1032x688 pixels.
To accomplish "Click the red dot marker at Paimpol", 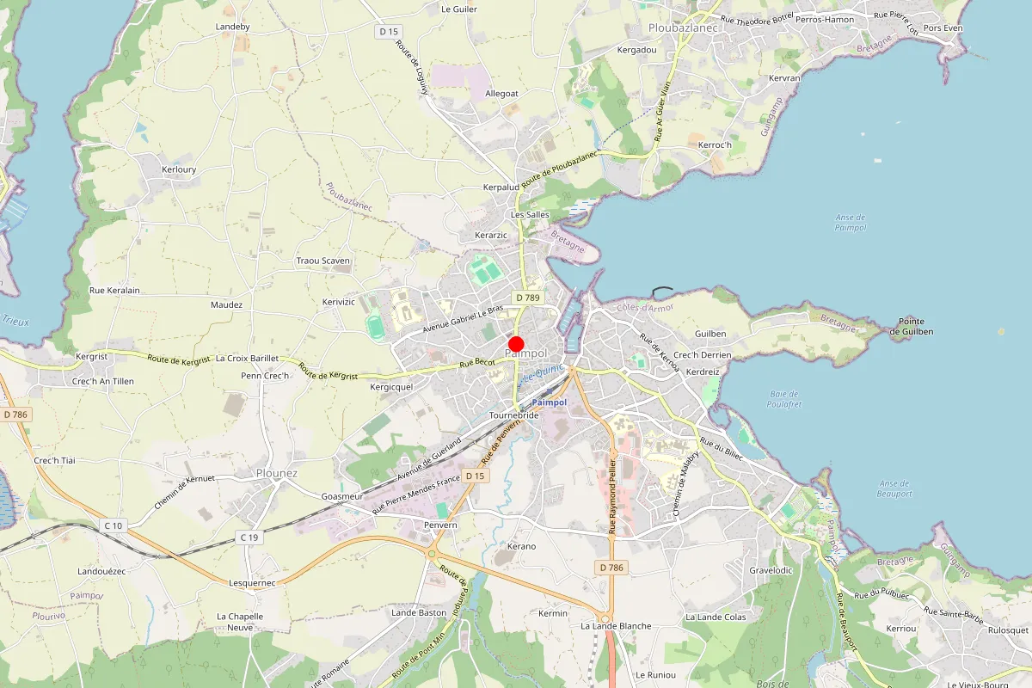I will (x=516, y=343).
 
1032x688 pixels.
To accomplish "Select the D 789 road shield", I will (x=527, y=297).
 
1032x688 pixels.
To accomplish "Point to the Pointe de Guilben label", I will (x=911, y=326).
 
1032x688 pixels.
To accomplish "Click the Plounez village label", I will (x=277, y=473).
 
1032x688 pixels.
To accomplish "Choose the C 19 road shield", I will (x=249, y=537).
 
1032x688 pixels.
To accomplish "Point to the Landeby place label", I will (x=232, y=27).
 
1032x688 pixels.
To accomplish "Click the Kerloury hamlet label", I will (x=179, y=169).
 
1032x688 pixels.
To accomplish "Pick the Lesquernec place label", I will (x=252, y=582).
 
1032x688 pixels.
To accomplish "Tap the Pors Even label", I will (x=943, y=28).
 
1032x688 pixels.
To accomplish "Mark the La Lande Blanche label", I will (x=616, y=626).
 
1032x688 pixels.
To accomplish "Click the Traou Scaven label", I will (x=322, y=261).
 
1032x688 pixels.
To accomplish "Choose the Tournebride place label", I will (x=513, y=415).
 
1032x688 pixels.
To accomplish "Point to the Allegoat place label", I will (x=501, y=93).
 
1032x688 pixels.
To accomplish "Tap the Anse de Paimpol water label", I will (x=851, y=223).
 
